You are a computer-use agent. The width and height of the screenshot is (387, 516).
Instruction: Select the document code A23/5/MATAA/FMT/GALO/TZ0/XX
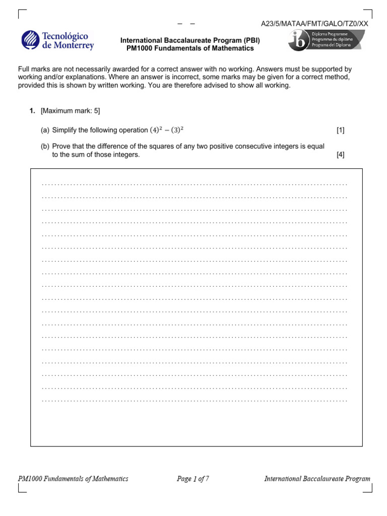[x=314, y=24]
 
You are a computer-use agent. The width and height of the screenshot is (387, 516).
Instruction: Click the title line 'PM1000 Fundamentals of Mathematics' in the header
[x=190, y=49]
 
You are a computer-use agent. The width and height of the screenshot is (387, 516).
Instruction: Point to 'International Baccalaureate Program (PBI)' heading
[x=190, y=41]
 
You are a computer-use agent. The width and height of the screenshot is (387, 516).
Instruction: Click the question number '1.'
[x=32, y=110]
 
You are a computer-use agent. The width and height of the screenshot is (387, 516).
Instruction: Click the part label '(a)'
[x=45, y=130]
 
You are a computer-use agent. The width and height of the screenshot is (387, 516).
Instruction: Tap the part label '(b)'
[x=45, y=146]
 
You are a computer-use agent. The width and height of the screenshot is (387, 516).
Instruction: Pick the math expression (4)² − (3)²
[x=166, y=130]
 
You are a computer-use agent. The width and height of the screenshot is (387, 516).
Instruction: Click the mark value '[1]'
[x=341, y=130]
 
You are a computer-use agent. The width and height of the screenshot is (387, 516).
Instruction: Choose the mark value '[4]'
[x=341, y=155]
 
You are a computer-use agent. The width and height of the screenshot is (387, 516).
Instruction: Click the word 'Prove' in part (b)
[x=61, y=146]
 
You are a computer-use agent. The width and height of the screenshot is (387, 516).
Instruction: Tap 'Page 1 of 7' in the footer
[x=192, y=479]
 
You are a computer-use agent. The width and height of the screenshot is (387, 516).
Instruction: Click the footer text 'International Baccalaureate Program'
[x=317, y=479]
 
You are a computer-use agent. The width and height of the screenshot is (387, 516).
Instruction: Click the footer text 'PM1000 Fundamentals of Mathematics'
[x=73, y=479]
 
